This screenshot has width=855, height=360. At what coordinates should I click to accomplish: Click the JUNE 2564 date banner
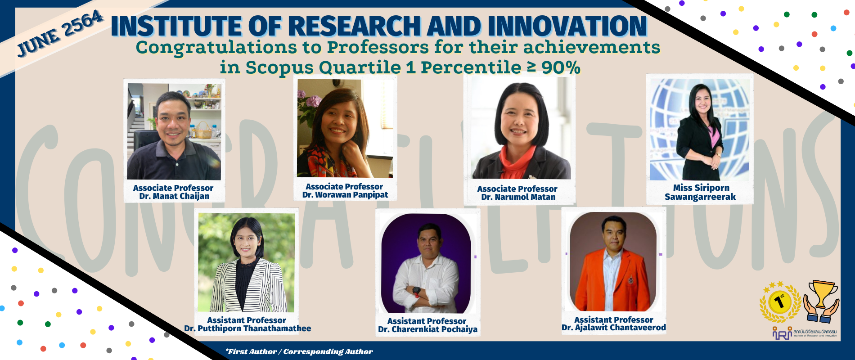coord(60,34)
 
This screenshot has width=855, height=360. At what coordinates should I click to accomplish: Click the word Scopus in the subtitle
coord(279,67)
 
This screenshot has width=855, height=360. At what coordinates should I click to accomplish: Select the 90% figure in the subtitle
coord(561,67)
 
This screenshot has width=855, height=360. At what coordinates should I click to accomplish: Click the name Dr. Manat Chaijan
coord(174,196)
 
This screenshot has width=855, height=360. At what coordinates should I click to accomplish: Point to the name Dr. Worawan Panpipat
coord(345,195)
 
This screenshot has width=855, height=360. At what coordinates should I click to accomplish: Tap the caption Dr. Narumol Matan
coord(518,197)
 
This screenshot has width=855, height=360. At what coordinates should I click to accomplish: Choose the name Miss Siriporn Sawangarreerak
coord(700,192)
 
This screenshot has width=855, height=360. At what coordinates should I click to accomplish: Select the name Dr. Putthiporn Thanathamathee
coord(247,328)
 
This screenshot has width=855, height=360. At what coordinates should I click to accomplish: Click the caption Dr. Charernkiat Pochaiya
coord(427,329)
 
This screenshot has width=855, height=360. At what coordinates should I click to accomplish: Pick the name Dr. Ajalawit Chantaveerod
coord(613,328)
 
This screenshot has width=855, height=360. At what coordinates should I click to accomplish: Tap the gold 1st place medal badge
coord(780,302)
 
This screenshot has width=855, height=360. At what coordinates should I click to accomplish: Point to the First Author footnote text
coord(299,351)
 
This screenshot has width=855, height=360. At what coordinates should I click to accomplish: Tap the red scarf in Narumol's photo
coord(517,164)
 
